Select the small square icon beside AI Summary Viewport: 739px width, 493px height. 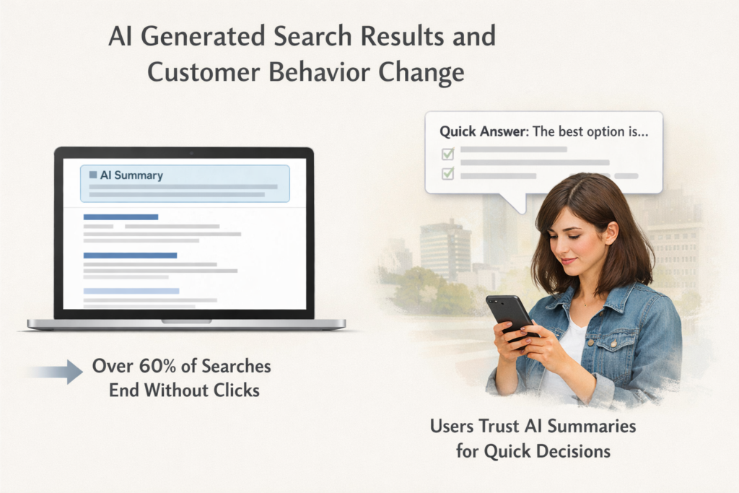tap(92, 175)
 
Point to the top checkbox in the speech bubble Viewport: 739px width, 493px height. tap(447, 153)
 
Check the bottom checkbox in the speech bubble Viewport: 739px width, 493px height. tap(447, 173)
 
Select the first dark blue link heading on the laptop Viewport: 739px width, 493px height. tap(121, 217)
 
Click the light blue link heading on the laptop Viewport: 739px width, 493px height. tap(131, 291)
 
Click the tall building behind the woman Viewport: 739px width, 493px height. tap(445, 249)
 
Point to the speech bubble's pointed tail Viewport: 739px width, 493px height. tap(517, 205)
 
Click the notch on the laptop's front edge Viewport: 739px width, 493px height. tap(186, 321)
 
